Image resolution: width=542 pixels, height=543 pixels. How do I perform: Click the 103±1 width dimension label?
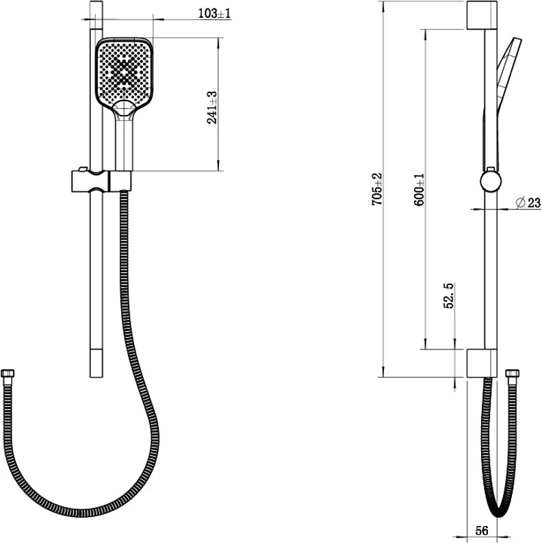pos(214,14)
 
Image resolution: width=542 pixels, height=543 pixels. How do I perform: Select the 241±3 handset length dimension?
pos(211,107)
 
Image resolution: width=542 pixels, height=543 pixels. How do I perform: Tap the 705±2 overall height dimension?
pos(376,189)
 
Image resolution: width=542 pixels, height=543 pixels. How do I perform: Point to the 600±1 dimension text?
pos(419,189)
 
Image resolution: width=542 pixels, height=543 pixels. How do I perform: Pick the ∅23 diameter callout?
pos(528,202)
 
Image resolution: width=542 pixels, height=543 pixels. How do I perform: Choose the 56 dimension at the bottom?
pos(482,530)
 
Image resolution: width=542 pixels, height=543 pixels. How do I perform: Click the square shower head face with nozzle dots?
pos(125,72)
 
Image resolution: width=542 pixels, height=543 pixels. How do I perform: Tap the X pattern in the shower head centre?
pos(123,72)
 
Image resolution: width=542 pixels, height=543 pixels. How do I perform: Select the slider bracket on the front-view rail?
pos(101,181)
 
